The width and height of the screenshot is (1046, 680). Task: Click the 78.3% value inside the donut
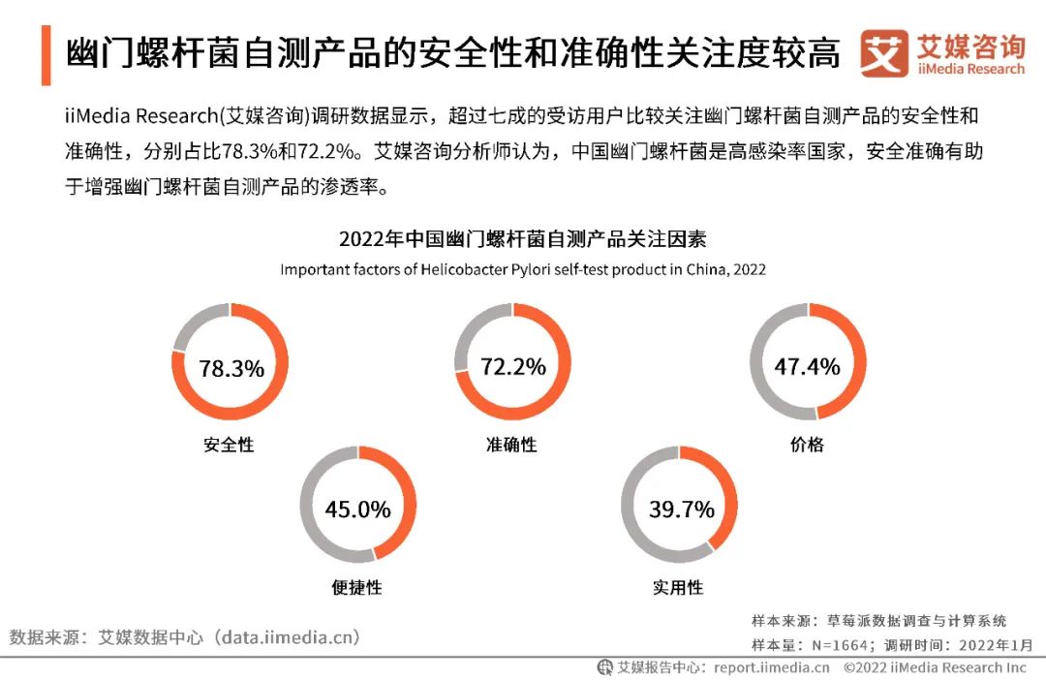point(231,368)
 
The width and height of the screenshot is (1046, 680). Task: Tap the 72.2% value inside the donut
point(513,367)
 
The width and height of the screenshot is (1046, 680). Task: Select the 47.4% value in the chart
point(807,366)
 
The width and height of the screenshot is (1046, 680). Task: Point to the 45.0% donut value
point(357,510)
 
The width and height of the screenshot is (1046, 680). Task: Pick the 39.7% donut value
point(681,510)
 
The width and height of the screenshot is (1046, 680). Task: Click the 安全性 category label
point(229,445)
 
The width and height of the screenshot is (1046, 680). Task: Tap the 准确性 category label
point(511,445)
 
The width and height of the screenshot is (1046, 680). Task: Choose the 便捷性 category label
point(356,587)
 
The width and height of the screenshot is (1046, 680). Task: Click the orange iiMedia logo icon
point(884,54)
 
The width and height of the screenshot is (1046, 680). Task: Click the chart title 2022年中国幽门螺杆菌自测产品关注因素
point(523,238)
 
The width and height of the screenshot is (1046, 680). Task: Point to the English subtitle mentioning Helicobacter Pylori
point(523,269)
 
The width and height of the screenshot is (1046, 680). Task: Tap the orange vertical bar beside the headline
point(46,54)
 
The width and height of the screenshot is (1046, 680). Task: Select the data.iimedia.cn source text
point(288,637)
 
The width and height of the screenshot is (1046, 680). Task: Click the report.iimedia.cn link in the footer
point(772,667)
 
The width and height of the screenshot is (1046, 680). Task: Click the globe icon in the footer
point(605,667)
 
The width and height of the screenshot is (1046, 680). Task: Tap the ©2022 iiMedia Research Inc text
point(935,667)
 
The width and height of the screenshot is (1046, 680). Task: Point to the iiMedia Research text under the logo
point(970,70)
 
